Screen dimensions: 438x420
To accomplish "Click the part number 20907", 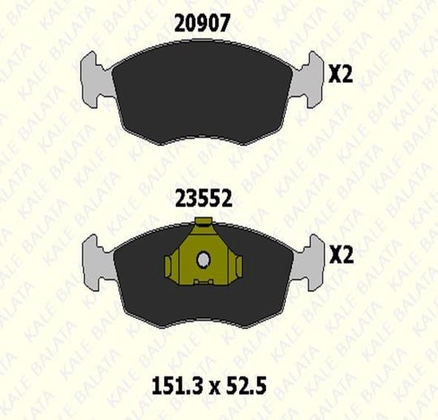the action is [202, 23].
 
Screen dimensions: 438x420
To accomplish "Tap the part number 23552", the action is [204, 199].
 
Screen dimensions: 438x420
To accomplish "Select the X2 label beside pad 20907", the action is [341, 75].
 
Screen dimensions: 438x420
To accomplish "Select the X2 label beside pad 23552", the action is [341, 255].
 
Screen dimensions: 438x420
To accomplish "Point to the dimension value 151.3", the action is [179, 386].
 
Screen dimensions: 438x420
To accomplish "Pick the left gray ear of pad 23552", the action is [97, 263].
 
